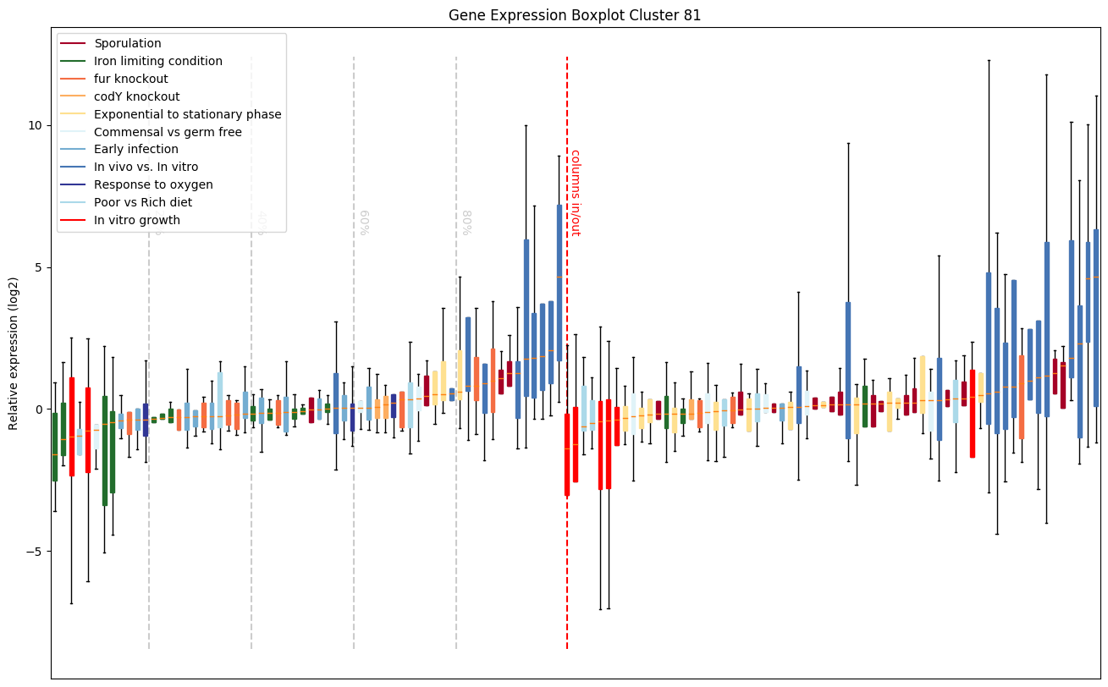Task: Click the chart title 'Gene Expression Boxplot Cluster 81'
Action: (x=575, y=15)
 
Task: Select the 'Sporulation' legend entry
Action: (x=128, y=43)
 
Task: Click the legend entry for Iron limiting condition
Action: (x=158, y=61)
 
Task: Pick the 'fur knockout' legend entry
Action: (x=131, y=79)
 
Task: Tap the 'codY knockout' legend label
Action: (x=137, y=96)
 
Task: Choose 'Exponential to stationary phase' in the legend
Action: (x=188, y=114)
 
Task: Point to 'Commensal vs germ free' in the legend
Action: (x=168, y=132)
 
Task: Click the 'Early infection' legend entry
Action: (x=136, y=150)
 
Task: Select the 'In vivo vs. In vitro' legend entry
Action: (x=146, y=168)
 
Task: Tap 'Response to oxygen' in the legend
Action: (x=153, y=184)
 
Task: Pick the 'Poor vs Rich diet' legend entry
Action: (x=143, y=202)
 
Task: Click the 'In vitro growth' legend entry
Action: (x=137, y=220)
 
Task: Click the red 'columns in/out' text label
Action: (x=576, y=193)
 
